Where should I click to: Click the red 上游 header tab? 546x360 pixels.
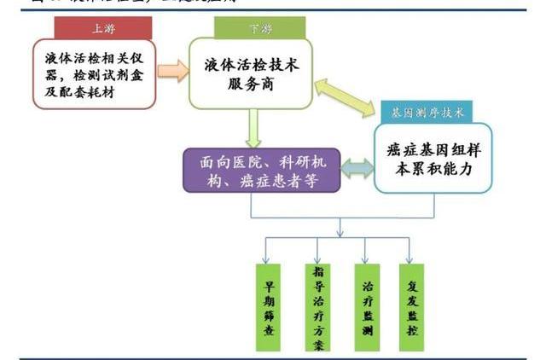click(x=102, y=27)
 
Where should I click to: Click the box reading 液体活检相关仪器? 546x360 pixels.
click(x=96, y=75)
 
